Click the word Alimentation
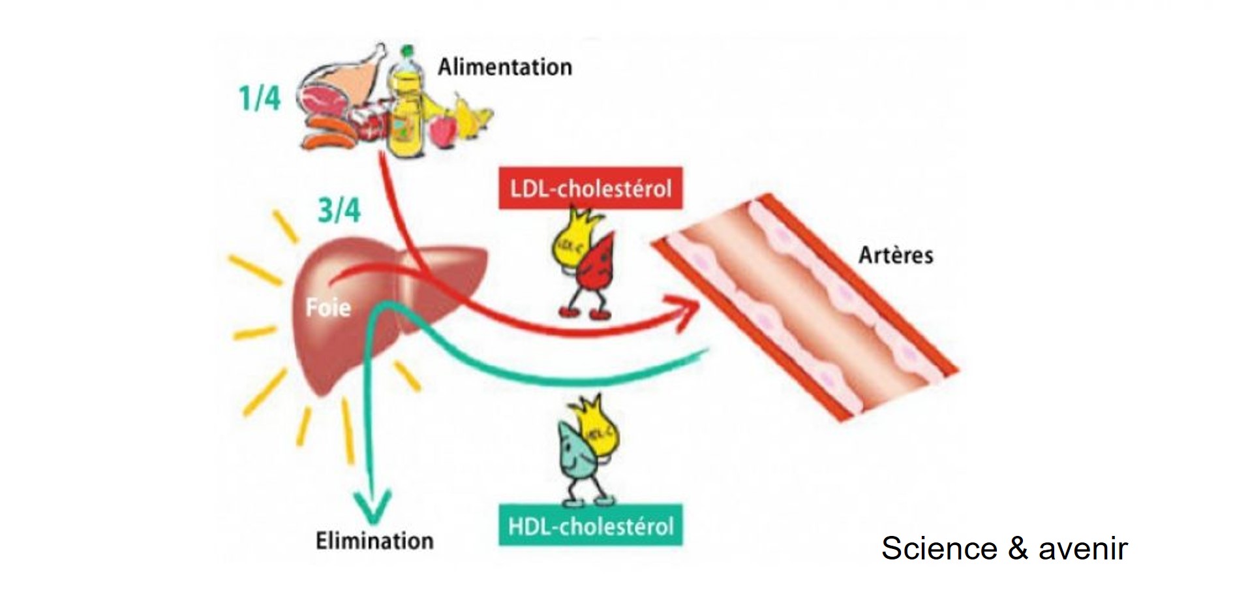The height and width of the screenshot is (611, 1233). coord(504,67)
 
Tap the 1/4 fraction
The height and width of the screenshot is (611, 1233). coord(259,98)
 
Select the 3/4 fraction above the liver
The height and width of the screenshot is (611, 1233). coord(339,211)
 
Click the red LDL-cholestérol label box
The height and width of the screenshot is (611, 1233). coord(590,189)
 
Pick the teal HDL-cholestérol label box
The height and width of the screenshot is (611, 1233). coord(590,525)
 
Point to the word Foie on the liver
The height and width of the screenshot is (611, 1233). coord(328,307)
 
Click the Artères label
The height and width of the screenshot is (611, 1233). coord(895,255)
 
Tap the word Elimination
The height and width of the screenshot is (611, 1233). coord(374,541)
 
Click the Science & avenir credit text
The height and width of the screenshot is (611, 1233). coord(1004,548)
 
